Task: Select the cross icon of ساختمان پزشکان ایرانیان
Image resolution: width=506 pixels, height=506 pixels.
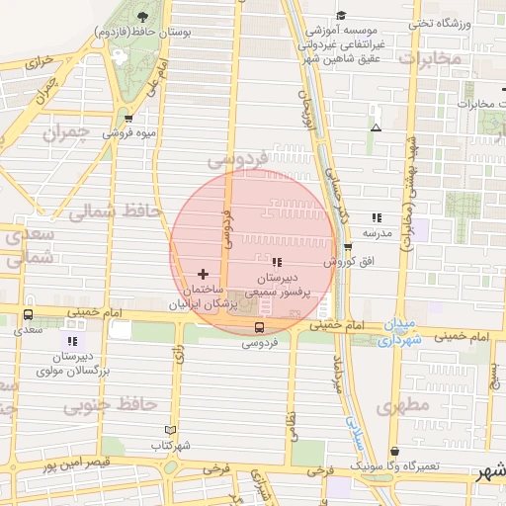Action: pos(204,274)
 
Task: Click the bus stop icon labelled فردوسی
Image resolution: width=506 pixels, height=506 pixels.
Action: pos(259,327)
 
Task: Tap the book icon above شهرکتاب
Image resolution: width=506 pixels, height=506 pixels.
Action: pos(171,431)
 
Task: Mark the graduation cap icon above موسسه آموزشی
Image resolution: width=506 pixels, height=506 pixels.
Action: pos(342,15)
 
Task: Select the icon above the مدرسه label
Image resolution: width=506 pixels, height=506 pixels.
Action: pos(376,217)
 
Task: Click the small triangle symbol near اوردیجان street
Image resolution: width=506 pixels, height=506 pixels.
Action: pos(375,128)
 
